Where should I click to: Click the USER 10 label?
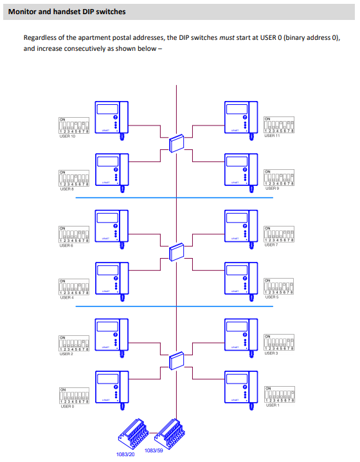click(x=67, y=136)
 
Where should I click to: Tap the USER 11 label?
click(x=273, y=136)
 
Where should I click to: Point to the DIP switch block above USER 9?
click(x=280, y=178)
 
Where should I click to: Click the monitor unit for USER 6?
click(x=113, y=227)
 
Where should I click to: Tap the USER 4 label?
click(x=67, y=297)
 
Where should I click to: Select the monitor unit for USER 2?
click(x=113, y=335)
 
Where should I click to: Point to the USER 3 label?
click(x=271, y=353)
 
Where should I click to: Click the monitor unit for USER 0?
click(x=113, y=387)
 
